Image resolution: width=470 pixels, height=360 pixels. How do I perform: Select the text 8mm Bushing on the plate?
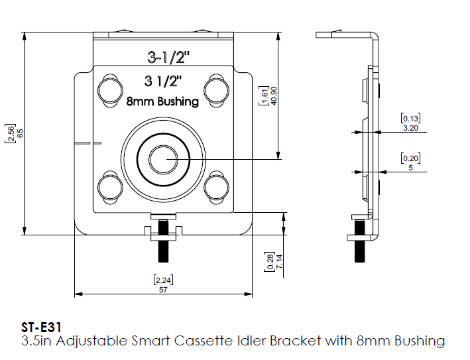tap(162, 101)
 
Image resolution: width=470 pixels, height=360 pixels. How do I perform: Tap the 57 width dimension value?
tap(163, 290)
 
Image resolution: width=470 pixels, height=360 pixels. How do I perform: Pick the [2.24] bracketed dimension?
tap(163, 279)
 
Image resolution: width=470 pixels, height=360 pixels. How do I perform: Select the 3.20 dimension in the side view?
tap(411, 128)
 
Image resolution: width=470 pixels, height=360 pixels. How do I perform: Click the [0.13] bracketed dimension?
tap(411, 118)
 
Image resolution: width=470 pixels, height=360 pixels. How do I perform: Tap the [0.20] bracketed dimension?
tap(411, 158)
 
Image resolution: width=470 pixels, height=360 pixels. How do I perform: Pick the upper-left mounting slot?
tap(109, 90)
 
